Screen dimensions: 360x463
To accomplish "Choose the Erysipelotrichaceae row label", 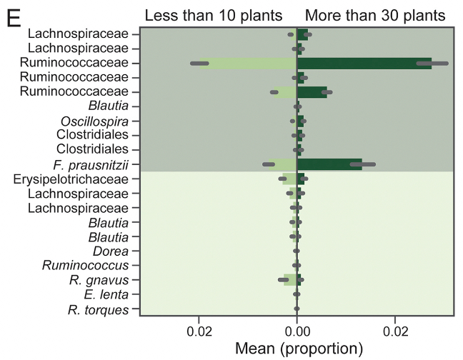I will pyautogui.click(x=71, y=179).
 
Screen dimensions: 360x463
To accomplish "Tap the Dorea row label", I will pyautogui.click(x=111, y=251).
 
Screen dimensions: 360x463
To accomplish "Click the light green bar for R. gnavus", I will pyautogui.click(x=289, y=280).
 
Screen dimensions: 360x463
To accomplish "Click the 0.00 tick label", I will pyautogui.click(x=297, y=332).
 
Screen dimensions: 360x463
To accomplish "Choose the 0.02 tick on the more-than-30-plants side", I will pyautogui.click(x=395, y=332).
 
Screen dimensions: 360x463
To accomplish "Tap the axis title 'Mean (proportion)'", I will pyautogui.click(x=299, y=349).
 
